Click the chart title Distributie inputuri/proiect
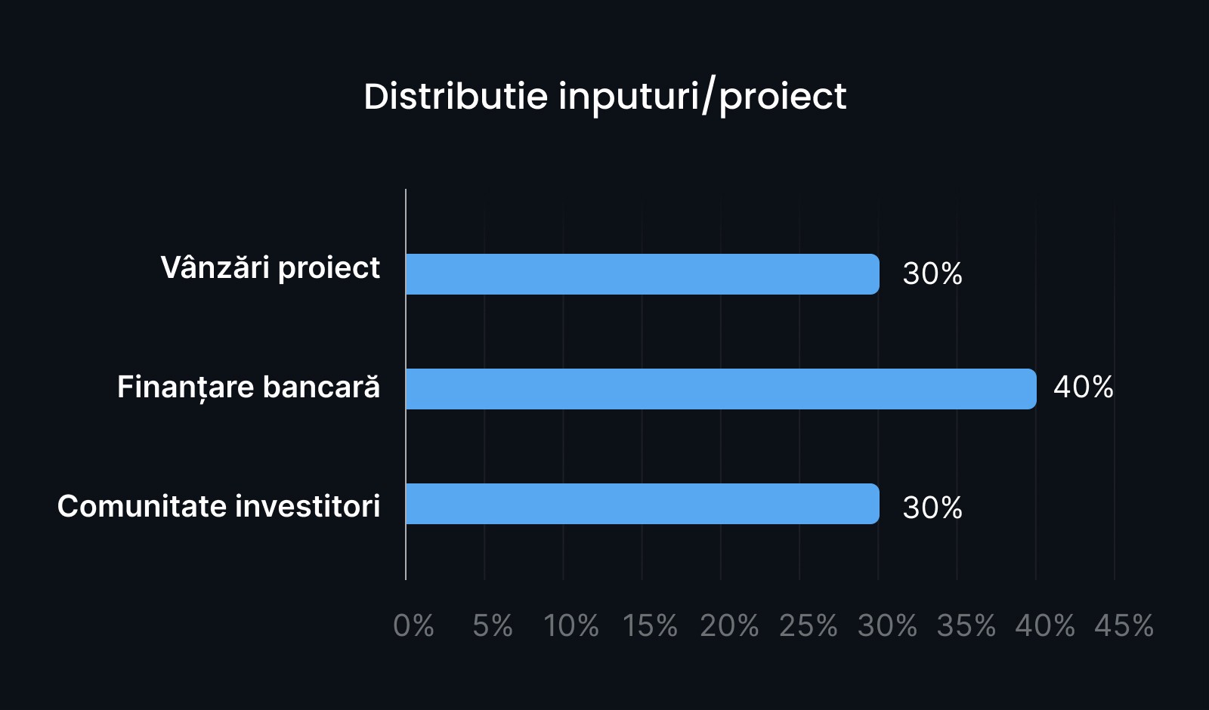(x=605, y=97)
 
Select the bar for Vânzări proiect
(x=642, y=274)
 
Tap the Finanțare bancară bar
(x=721, y=389)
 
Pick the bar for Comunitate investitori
(x=642, y=504)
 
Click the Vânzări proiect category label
(x=271, y=268)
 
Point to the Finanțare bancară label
(x=249, y=387)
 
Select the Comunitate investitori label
(x=218, y=506)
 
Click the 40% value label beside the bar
(x=1084, y=387)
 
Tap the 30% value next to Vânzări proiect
(x=932, y=273)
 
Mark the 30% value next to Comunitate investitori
(x=932, y=508)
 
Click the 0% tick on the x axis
(x=413, y=626)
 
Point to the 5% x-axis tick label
(x=492, y=626)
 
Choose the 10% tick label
(x=571, y=626)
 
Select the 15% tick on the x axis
(x=650, y=626)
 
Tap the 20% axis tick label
(x=729, y=626)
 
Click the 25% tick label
(x=808, y=626)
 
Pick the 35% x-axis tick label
(x=966, y=626)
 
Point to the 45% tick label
(x=1124, y=626)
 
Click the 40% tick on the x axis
(x=1045, y=626)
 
